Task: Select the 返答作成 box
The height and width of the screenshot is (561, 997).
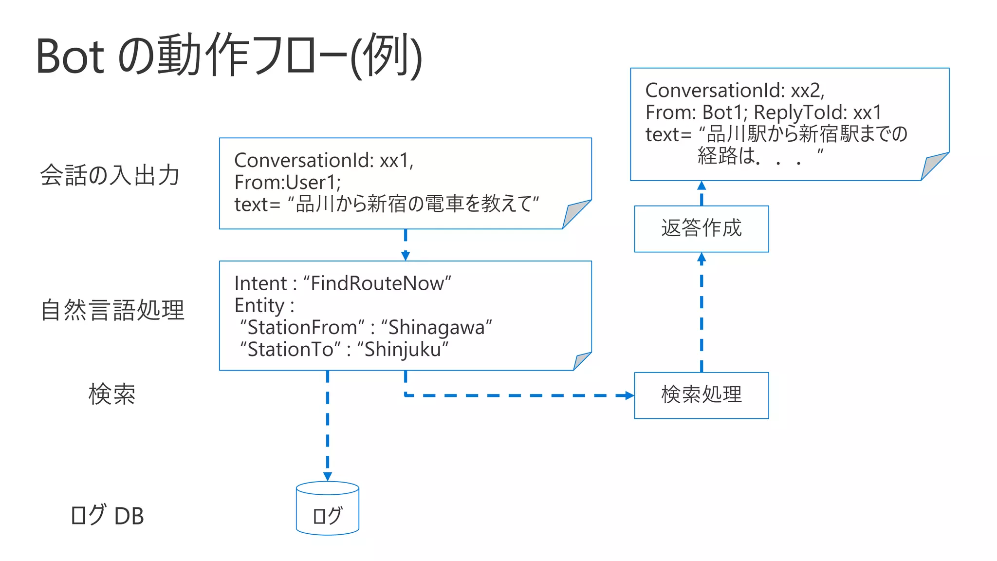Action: tap(701, 228)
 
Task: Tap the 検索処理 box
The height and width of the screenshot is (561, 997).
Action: tap(701, 395)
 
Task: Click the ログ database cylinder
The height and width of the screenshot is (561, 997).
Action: tap(327, 509)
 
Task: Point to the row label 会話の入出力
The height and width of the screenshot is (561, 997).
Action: tap(110, 175)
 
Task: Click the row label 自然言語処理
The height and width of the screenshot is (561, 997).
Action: tap(112, 310)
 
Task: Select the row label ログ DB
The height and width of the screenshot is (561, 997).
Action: tap(107, 516)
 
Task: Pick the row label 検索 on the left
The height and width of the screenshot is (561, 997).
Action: tap(112, 394)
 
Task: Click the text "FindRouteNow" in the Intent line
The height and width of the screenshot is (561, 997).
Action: tap(377, 283)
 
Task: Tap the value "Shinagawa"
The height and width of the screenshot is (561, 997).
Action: tap(437, 327)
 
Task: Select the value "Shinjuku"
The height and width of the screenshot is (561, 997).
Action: tap(403, 349)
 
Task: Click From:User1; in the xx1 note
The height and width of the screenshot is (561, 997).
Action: tap(288, 183)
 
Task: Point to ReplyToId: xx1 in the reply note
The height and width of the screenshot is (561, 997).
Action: tap(817, 112)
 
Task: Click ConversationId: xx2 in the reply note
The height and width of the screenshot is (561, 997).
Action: tap(734, 91)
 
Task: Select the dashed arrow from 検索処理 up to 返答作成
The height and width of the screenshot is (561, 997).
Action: tap(701, 312)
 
